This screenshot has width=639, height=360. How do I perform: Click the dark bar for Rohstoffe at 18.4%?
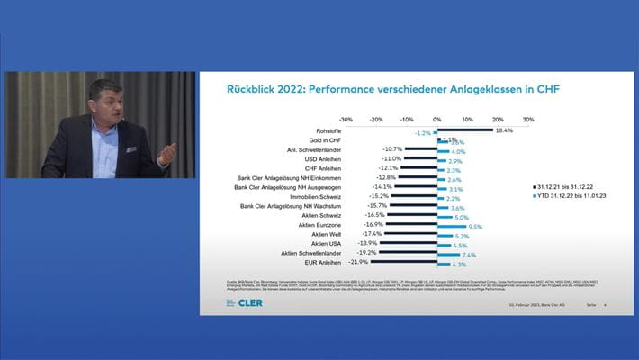[464, 130]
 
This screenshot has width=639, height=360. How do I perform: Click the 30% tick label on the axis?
[527, 118]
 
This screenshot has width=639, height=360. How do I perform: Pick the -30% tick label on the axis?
[346, 118]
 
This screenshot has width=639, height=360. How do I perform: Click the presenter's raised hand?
[167, 153]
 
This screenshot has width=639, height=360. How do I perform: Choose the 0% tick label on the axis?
[436, 118]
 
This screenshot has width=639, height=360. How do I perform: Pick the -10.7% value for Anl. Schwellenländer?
[391, 148]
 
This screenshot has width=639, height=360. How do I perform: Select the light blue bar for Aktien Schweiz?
[445, 218]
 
